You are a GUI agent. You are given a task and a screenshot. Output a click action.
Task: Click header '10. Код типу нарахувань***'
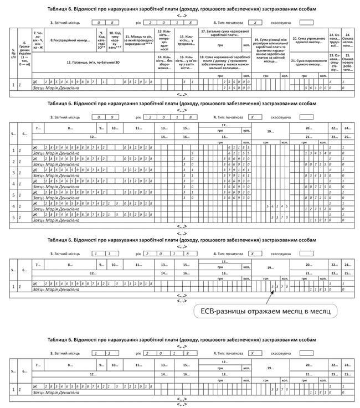[x=114, y=40]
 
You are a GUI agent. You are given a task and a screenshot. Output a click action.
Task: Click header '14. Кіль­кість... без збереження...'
[x=163, y=62]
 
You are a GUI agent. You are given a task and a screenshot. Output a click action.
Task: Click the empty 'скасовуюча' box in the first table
[x=306, y=23]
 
